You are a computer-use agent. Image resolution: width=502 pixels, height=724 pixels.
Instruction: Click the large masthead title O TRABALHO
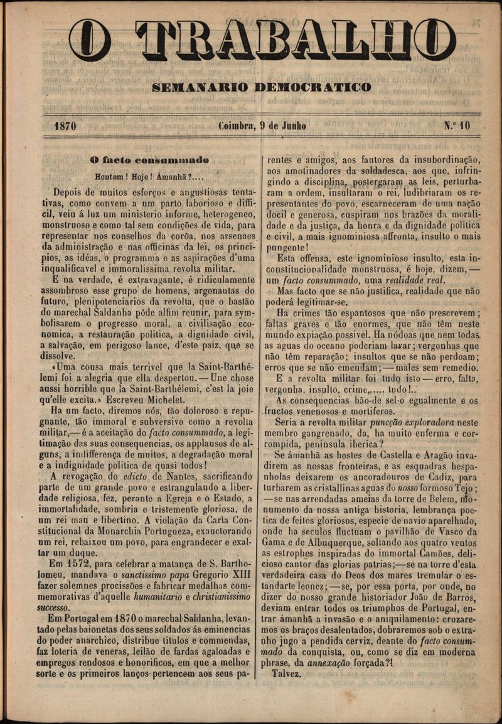tap(262, 41)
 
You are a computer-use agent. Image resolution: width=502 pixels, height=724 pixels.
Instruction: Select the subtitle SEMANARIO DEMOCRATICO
tap(262, 87)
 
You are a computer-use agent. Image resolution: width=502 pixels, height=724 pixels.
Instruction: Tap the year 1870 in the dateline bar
tap(65, 126)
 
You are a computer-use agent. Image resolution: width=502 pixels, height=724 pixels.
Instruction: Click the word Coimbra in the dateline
tap(237, 125)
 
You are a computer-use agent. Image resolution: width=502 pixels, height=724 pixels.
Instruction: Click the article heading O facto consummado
tap(149, 160)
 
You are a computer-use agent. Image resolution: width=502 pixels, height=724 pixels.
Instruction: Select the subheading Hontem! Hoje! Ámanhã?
tap(149, 176)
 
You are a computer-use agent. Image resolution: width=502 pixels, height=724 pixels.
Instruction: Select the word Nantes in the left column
tap(168, 476)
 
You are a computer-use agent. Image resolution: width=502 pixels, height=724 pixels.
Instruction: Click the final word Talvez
tap(287, 674)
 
